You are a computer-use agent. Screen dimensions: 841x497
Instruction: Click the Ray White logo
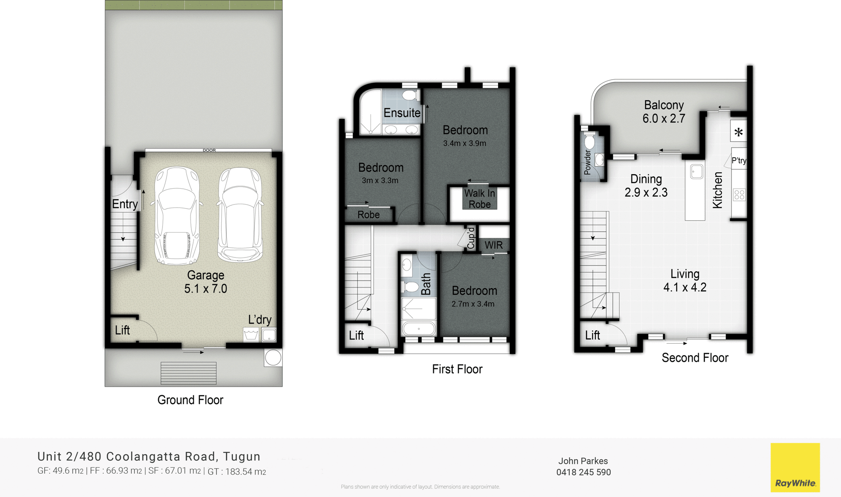click(x=795, y=467)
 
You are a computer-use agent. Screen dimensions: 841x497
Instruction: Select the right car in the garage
click(x=240, y=215)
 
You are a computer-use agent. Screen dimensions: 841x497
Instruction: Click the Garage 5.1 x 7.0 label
click(x=205, y=282)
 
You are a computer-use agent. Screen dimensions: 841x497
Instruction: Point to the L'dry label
click(x=260, y=320)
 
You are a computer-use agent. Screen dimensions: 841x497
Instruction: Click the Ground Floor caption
click(x=190, y=400)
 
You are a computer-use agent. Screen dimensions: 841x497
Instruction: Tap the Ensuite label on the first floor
click(x=402, y=113)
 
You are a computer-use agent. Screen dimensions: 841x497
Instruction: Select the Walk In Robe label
click(x=480, y=199)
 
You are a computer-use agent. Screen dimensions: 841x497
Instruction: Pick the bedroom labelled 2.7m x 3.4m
click(x=474, y=296)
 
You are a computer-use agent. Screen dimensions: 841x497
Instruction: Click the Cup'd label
click(x=471, y=238)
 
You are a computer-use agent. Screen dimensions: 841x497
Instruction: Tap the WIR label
click(x=494, y=245)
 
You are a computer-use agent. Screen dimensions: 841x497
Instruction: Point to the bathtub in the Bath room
click(x=419, y=328)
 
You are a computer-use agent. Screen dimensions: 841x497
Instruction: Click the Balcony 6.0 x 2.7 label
click(x=664, y=112)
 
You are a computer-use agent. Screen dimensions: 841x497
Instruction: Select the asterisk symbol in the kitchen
click(x=739, y=132)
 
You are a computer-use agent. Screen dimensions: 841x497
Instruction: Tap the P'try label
click(x=739, y=161)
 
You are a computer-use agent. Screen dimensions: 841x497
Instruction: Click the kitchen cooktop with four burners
click(x=739, y=194)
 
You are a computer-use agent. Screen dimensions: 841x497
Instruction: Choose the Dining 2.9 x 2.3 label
click(x=646, y=186)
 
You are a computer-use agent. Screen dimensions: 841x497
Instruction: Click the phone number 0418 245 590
click(x=583, y=472)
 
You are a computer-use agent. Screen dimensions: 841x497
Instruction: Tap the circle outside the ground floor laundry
click(x=273, y=358)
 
